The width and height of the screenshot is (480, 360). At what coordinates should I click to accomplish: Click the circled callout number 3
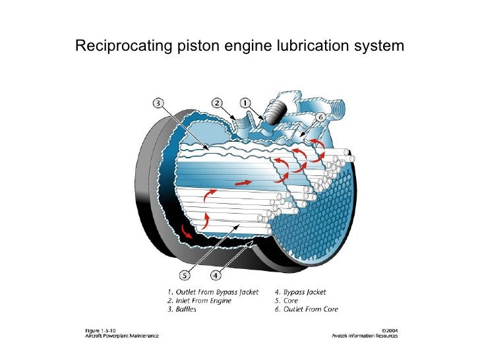(x=160, y=102)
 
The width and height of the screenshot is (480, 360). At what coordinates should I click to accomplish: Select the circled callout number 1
(x=245, y=103)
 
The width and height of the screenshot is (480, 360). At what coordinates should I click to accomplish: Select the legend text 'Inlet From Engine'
(x=205, y=300)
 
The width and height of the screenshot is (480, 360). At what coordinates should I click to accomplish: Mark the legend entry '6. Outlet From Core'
(x=303, y=309)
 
